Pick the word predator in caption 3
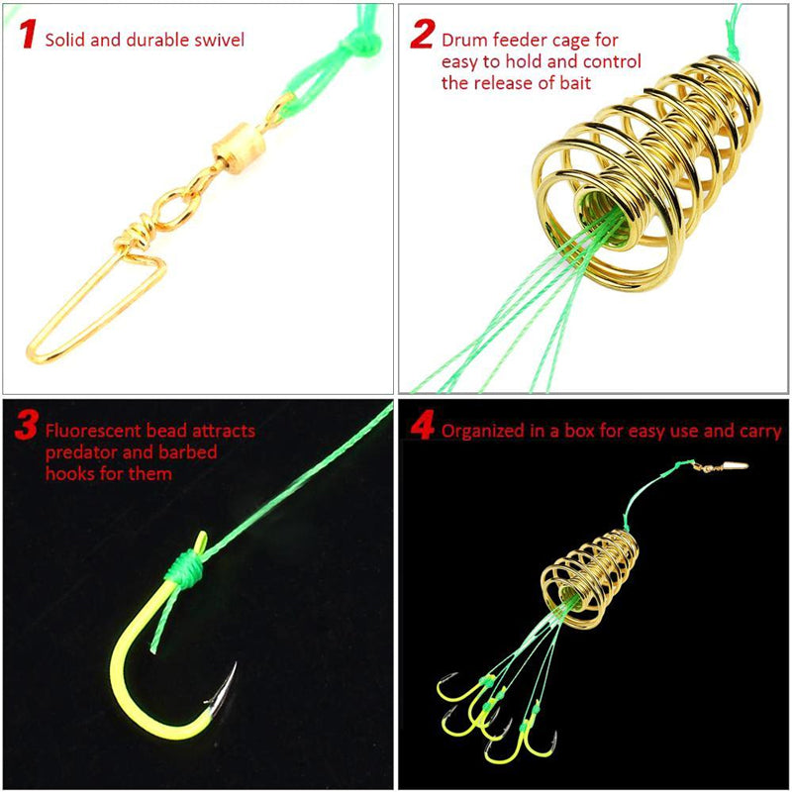point(82,452)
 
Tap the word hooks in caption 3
point(68,473)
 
